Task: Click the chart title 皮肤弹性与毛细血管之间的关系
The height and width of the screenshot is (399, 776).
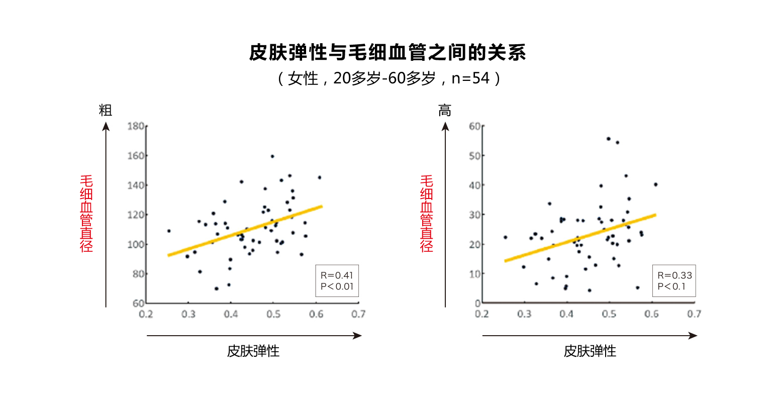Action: (387, 53)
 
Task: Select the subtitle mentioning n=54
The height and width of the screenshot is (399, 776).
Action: (387, 78)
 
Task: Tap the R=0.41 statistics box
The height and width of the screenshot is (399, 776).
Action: (337, 281)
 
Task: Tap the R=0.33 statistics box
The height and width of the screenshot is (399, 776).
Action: (674, 281)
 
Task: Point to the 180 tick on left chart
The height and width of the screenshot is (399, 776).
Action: (136, 126)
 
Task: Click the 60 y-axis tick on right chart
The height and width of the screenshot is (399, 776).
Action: (474, 126)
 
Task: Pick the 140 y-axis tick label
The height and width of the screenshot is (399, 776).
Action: (136, 185)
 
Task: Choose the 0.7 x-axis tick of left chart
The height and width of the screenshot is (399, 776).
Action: (358, 314)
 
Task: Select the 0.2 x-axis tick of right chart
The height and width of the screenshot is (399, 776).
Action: (481, 314)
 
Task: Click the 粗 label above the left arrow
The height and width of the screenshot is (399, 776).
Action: (106, 111)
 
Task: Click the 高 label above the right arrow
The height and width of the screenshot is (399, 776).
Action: (445, 111)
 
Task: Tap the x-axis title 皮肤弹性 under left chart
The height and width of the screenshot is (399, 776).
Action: (253, 351)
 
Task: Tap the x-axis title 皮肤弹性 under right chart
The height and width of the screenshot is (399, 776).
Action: (590, 351)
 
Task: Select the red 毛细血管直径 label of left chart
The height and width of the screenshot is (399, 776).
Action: (86, 214)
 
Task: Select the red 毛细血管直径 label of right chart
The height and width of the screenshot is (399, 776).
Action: (426, 214)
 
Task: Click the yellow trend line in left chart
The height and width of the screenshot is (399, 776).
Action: (245, 231)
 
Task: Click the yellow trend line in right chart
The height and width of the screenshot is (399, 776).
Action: (580, 238)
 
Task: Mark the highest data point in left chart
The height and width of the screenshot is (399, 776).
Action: (272, 156)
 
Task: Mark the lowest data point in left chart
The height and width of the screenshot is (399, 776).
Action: (217, 288)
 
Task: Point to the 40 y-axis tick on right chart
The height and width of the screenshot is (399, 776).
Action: (474, 185)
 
